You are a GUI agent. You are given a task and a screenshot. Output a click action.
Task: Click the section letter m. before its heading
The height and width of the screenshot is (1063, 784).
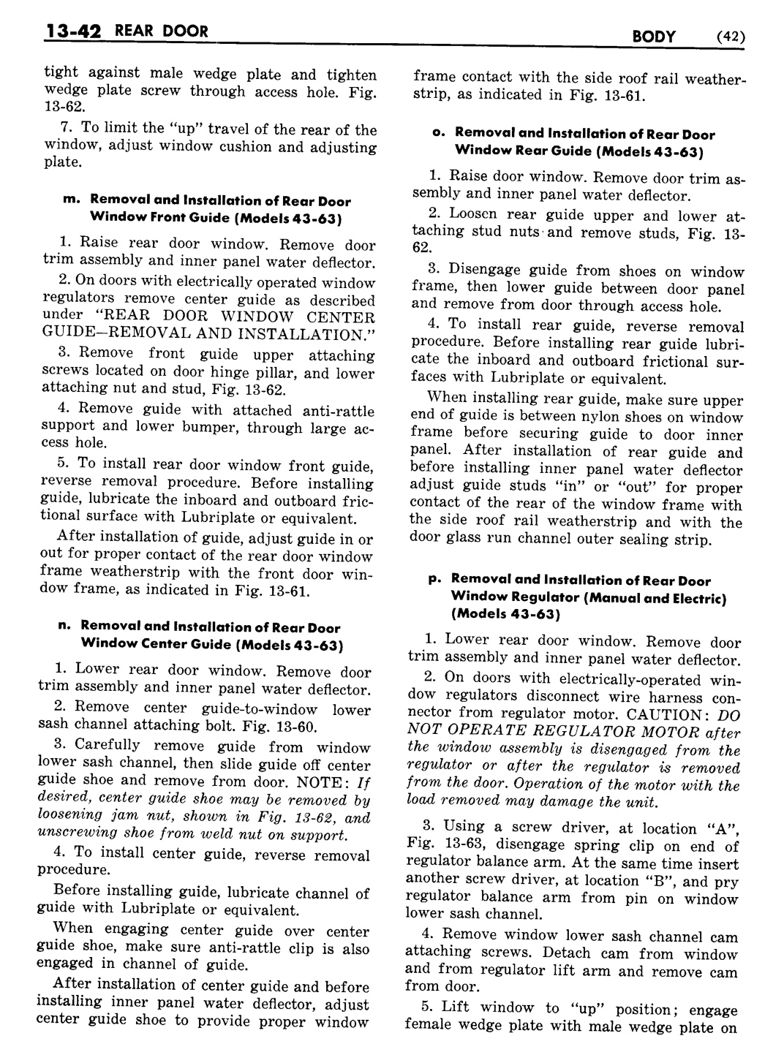coord(71,200)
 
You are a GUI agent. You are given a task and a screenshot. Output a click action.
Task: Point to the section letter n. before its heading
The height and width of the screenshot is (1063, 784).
coord(62,627)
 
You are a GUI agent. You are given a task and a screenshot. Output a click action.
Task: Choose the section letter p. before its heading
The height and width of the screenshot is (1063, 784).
coord(433,580)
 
